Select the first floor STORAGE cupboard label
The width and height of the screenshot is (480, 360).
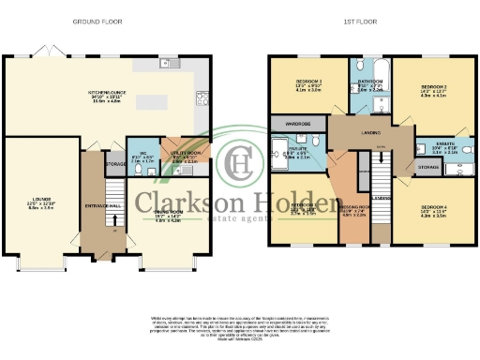(427, 167)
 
